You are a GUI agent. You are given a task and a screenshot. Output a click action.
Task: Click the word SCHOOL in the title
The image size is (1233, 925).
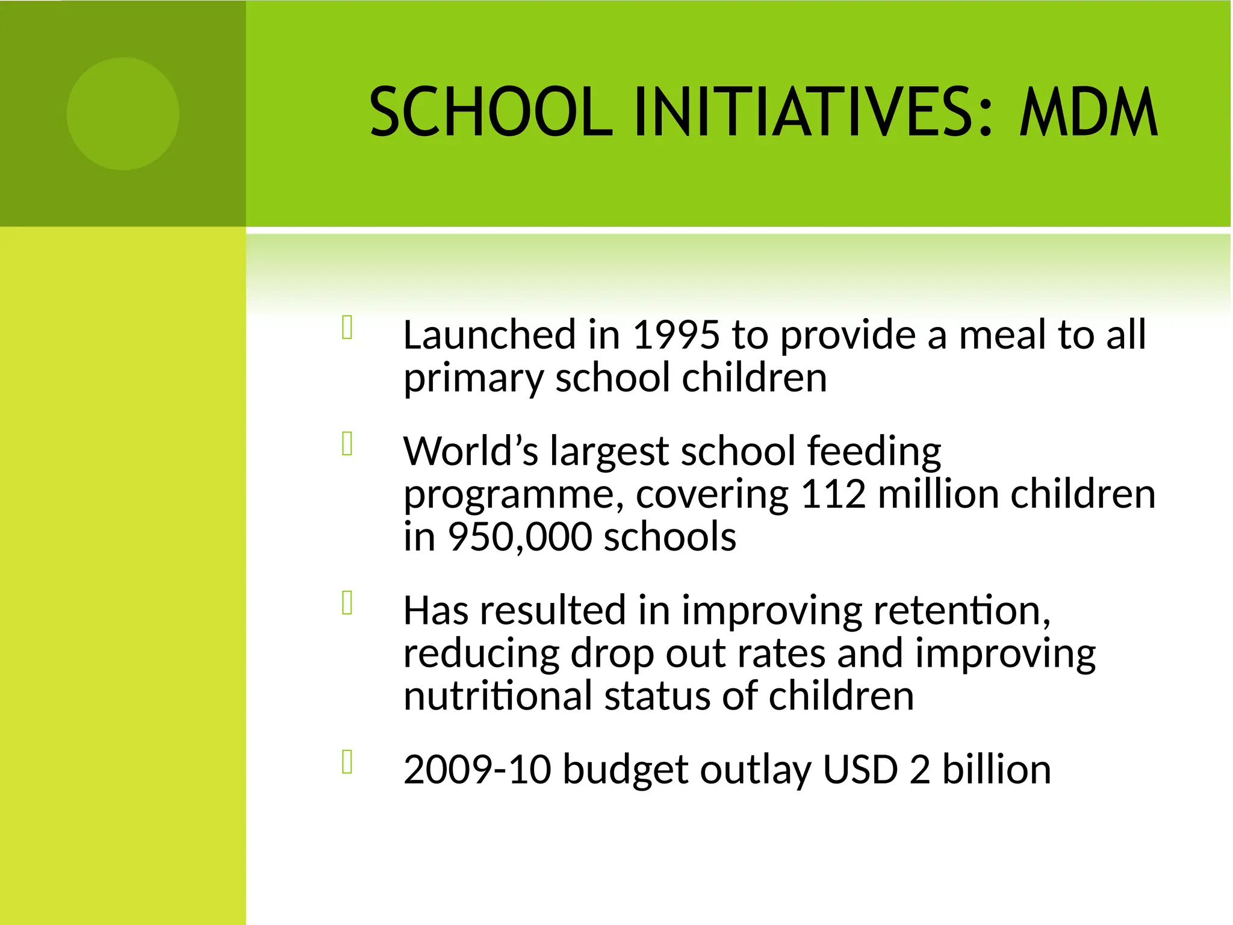coord(491,112)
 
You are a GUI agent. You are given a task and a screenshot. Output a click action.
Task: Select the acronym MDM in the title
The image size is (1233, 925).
coord(1088,112)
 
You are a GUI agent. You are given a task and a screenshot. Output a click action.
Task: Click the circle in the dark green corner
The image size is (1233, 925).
coord(123,114)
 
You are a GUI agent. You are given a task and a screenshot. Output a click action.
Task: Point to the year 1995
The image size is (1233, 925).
coord(676,335)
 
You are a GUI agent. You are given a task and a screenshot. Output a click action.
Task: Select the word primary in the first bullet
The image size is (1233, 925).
coord(473,379)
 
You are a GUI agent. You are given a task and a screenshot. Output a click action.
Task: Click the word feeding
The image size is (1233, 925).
coord(874,451)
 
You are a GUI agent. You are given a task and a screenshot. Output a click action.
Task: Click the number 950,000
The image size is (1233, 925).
coord(520,537)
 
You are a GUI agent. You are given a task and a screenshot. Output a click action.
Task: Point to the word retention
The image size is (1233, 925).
coord(961,610)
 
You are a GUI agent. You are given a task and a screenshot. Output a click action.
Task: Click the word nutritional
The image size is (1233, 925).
coord(498,696)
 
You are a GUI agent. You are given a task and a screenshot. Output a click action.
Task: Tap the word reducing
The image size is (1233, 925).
coord(481,654)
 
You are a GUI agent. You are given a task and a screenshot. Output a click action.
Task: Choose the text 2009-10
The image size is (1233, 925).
coord(477,770)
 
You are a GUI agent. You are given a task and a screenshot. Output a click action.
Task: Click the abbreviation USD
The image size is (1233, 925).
coord(860,770)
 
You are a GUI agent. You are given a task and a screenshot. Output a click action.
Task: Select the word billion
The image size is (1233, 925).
coord(996,770)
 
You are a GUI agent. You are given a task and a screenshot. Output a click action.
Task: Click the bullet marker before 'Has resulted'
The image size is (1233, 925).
coord(347,603)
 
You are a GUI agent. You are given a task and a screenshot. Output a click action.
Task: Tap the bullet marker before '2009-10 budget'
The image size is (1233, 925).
coord(347,762)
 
